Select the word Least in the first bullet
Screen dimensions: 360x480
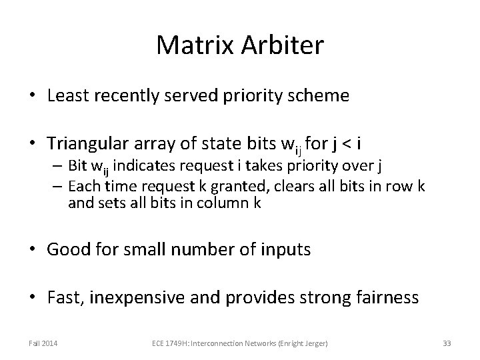[x=69, y=95]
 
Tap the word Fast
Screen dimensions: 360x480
[x=63, y=297]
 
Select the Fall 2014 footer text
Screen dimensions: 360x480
[x=43, y=343]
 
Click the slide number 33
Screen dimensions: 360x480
[x=447, y=343]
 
